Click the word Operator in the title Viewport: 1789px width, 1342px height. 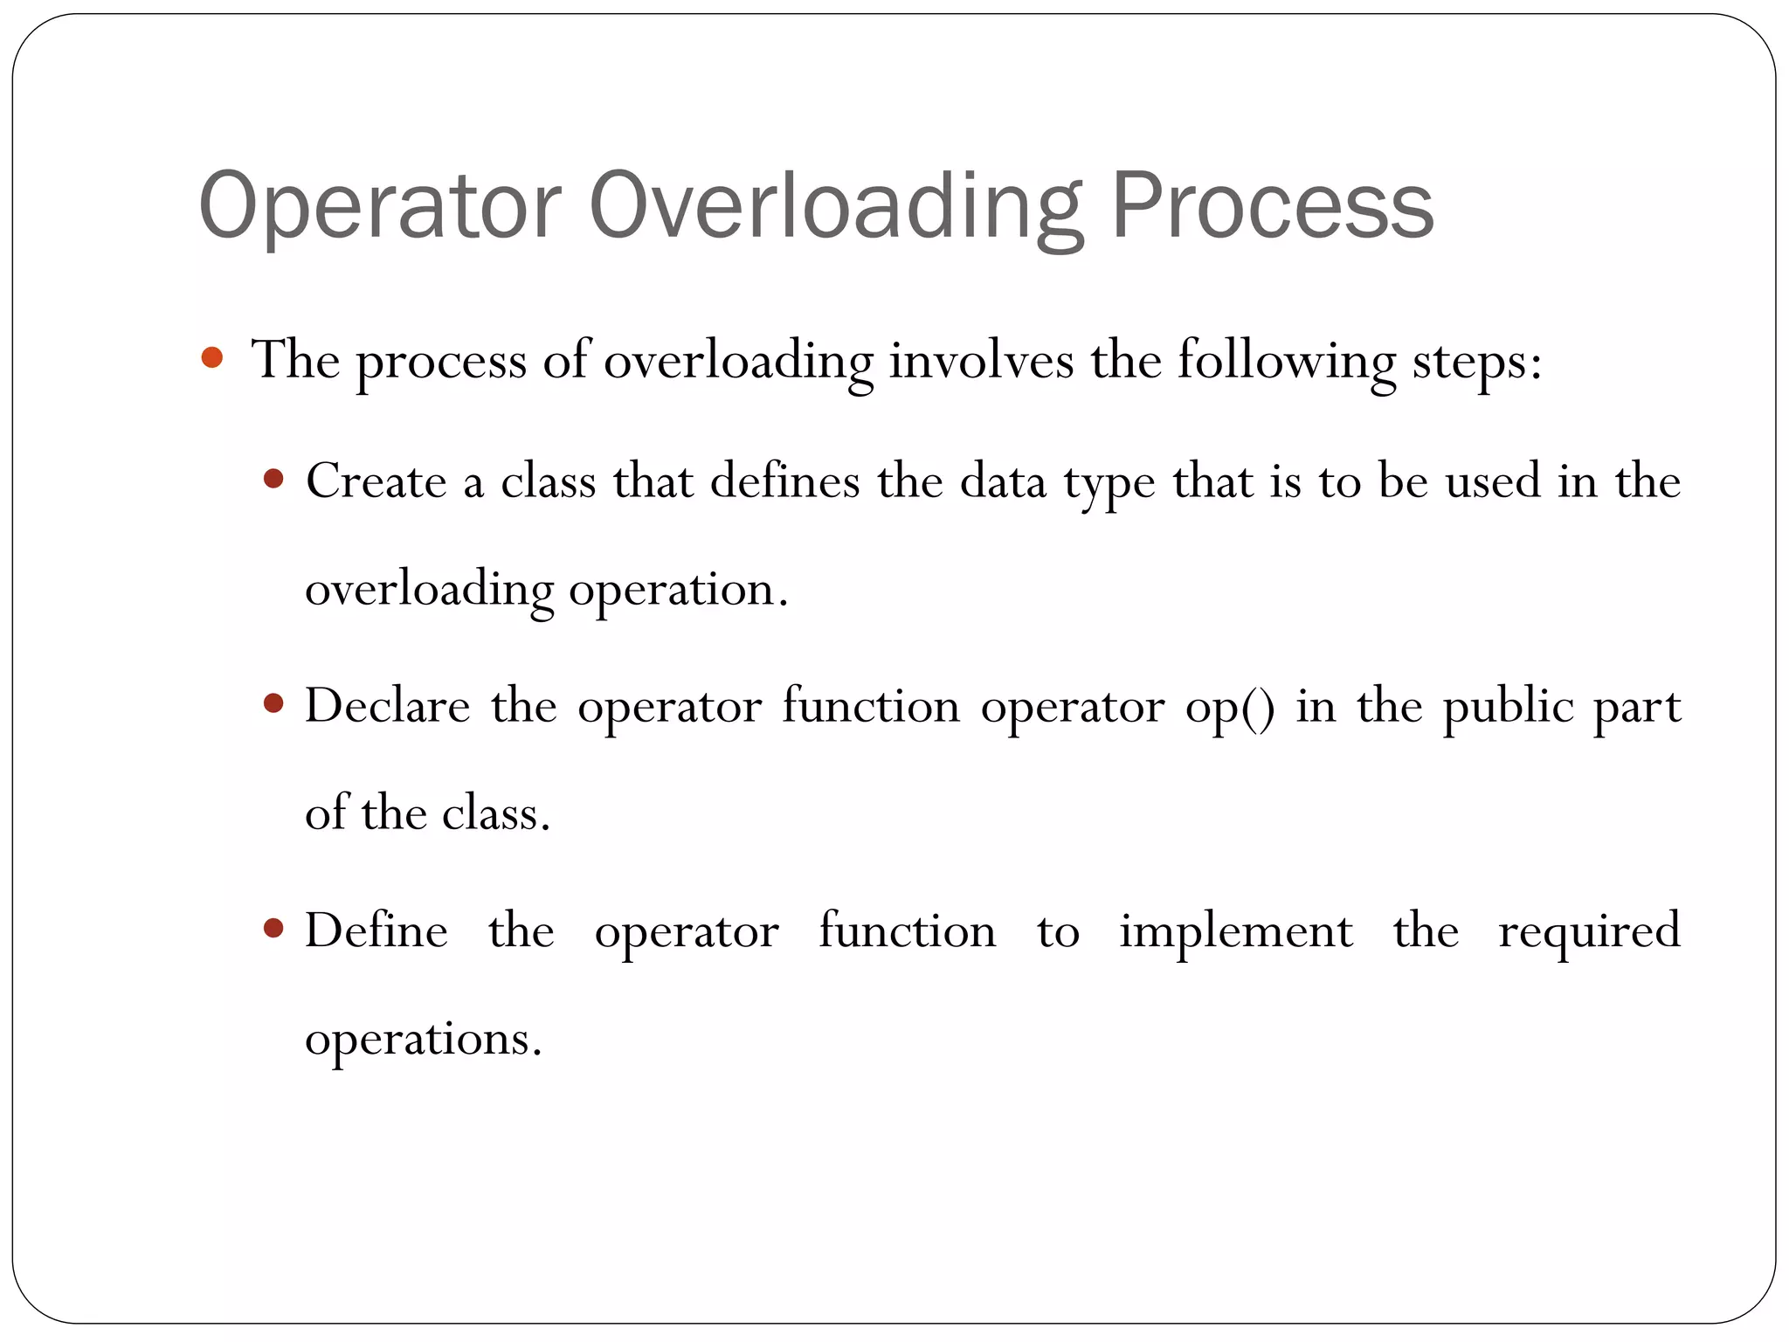pyautogui.click(x=379, y=206)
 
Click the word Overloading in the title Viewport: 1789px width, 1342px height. pyautogui.click(x=836, y=206)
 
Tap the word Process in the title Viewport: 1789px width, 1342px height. pyautogui.click(x=1272, y=206)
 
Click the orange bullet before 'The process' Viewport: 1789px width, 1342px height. pyautogui.click(x=211, y=357)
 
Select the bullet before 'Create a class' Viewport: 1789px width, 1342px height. pyautogui.click(x=274, y=479)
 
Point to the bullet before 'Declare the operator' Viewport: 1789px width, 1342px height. pyautogui.click(x=274, y=703)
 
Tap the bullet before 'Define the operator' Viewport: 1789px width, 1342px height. pyautogui.click(x=274, y=928)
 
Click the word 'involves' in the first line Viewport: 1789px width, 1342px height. pyautogui.click(x=981, y=359)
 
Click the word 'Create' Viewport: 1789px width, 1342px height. pyautogui.click(x=376, y=481)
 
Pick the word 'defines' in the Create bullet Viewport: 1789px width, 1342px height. pyautogui.click(x=784, y=481)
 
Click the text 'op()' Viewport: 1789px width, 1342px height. pyautogui.click(x=1230, y=707)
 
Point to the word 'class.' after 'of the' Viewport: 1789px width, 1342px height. pyautogui.click(x=495, y=813)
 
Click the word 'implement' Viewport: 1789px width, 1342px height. pyautogui.click(x=1236, y=931)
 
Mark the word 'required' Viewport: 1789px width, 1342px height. pyautogui.click(x=1589, y=931)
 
